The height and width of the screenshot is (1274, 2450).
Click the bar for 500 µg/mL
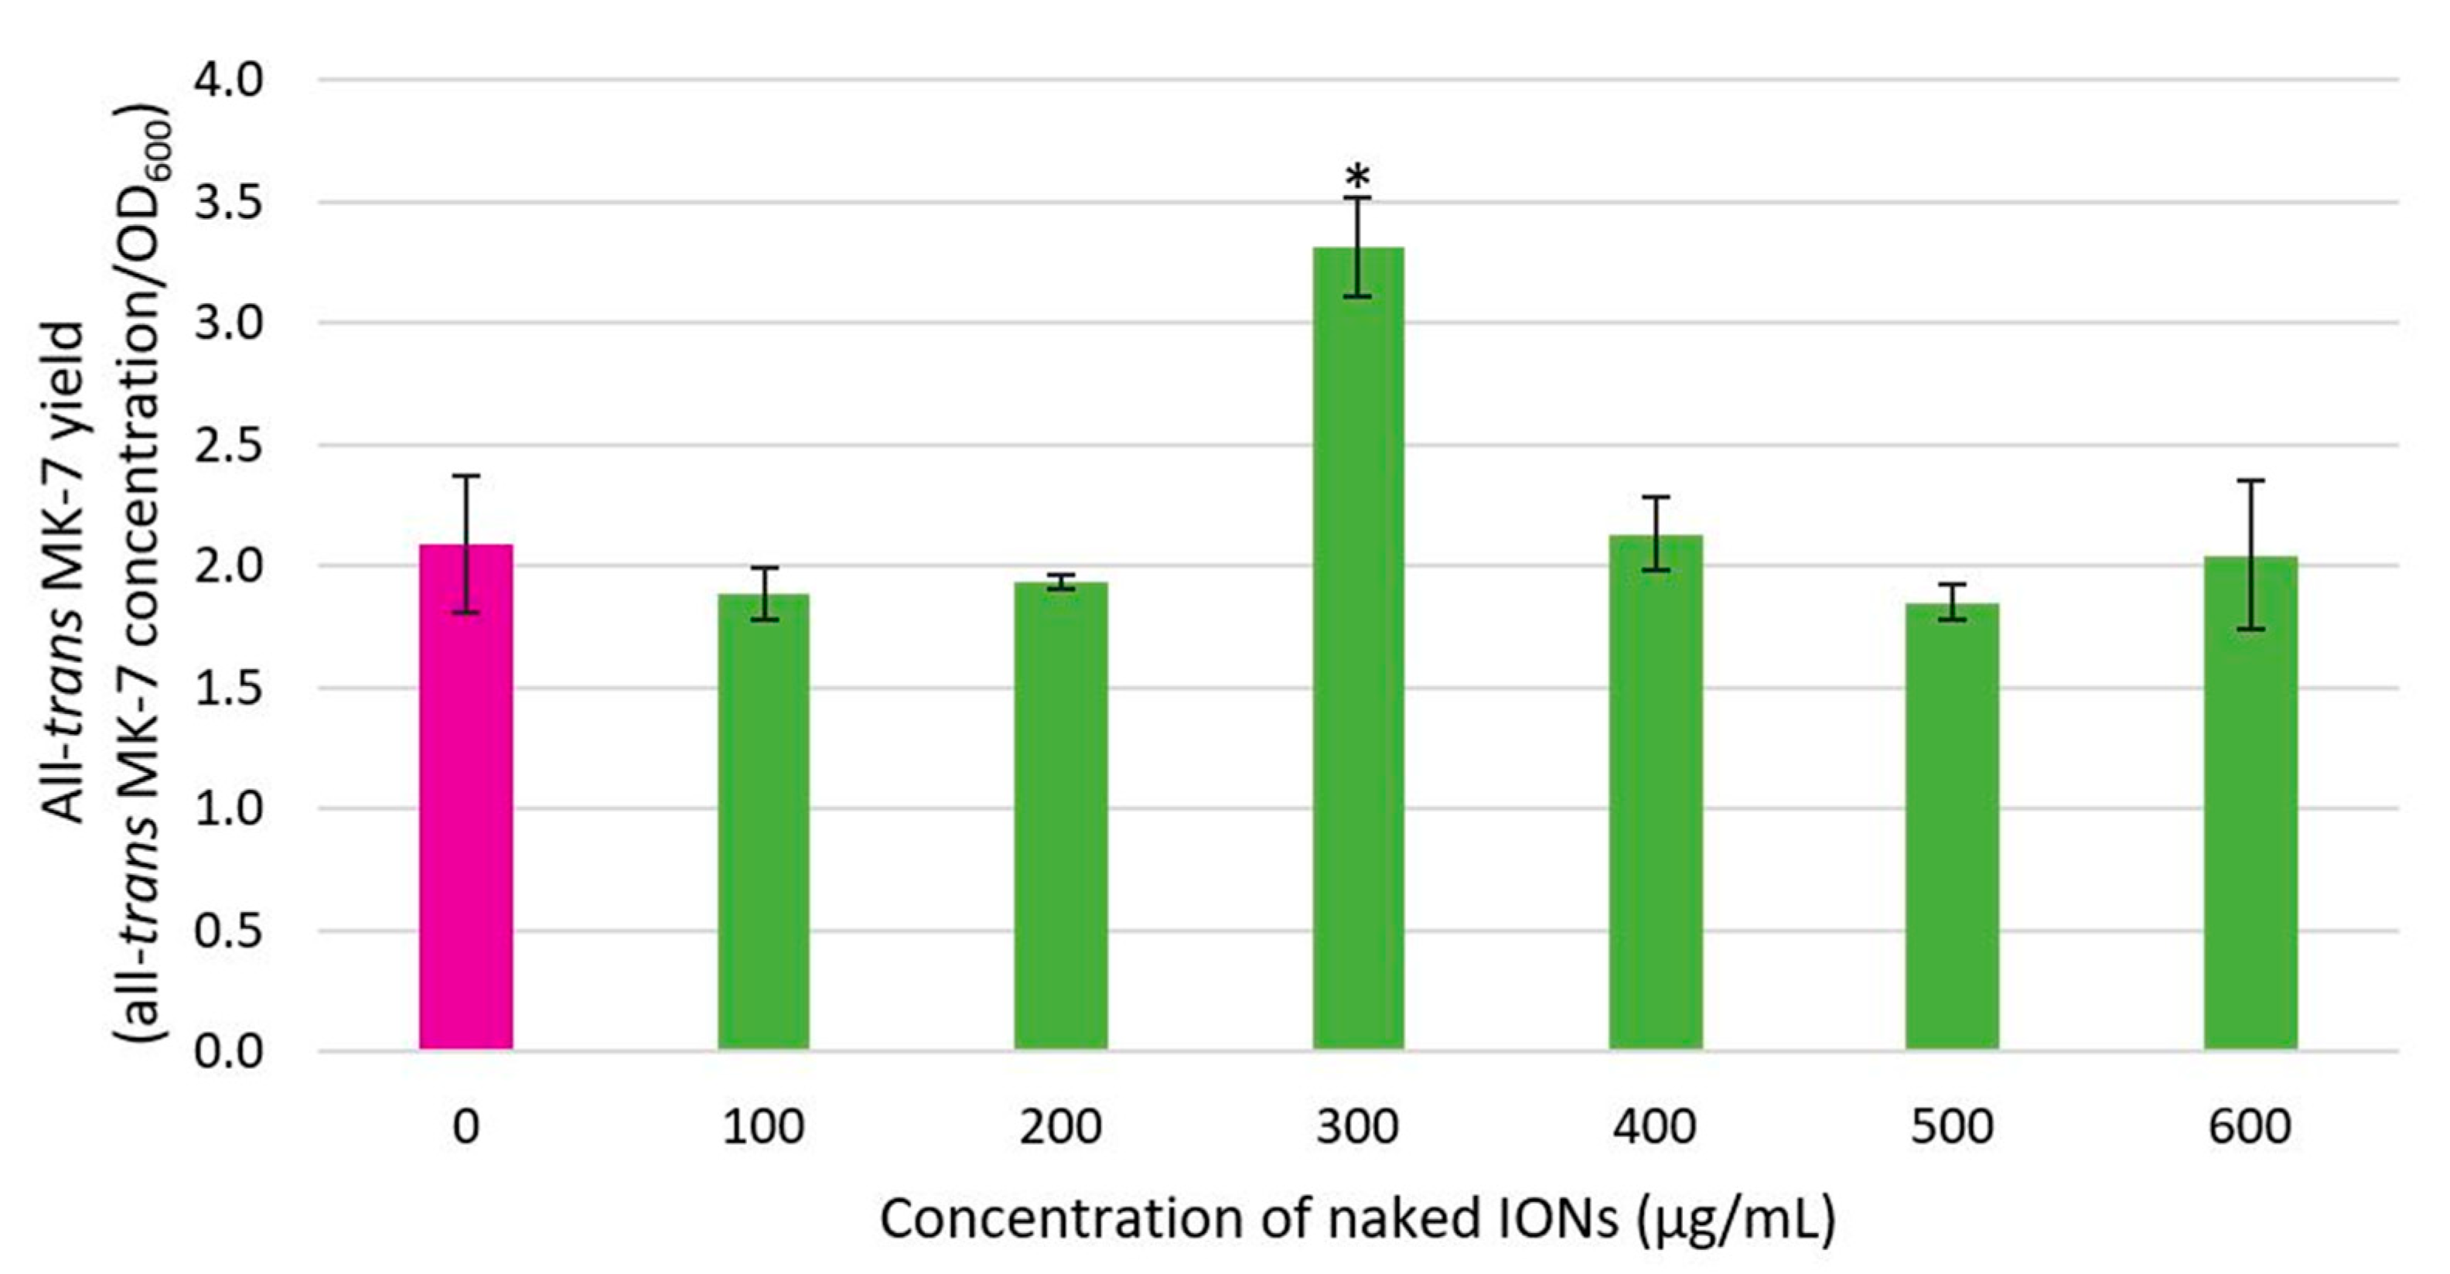[1952, 827]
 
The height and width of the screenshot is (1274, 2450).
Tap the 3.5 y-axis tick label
[228, 203]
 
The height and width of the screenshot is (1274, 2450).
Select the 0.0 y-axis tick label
[228, 1051]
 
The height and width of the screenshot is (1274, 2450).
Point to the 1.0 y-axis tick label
[228, 809]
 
